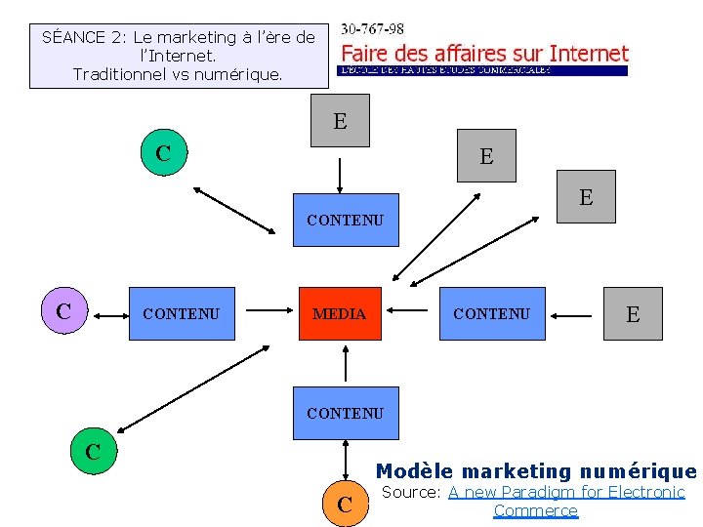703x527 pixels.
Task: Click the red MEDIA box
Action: pyautogui.click(x=340, y=313)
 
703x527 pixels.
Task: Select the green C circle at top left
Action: pyautogui.click(x=163, y=153)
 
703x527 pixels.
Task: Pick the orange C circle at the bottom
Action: pyautogui.click(x=344, y=504)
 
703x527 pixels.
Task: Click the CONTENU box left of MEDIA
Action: pyautogui.click(x=182, y=313)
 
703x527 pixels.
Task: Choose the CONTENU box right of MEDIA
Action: pyautogui.click(x=492, y=313)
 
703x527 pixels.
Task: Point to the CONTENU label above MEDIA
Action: pyautogui.click(x=345, y=220)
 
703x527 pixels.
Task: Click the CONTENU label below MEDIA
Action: pyautogui.click(x=345, y=413)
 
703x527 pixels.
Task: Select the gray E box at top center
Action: pyautogui.click(x=340, y=121)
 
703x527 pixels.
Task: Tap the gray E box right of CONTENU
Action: pyautogui.click(x=633, y=313)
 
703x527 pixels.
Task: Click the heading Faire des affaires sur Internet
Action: pyautogui.click(x=484, y=54)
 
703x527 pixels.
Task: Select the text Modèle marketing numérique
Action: pyautogui.click(x=536, y=471)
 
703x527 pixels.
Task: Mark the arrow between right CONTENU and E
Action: pyautogui.click(x=572, y=314)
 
